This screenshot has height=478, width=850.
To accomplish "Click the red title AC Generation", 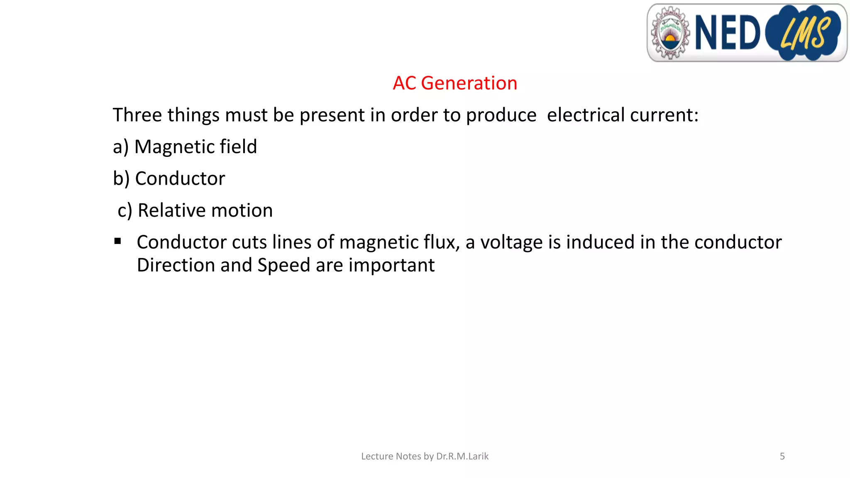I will pyautogui.click(x=455, y=83).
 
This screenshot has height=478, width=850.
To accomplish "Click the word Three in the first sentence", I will pyautogui.click(x=137, y=115).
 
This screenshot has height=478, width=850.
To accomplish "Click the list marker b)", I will pyautogui.click(x=121, y=179).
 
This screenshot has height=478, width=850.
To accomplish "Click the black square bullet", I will pyautogui.click(x=118, y=241).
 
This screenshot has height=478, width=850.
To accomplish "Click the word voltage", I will pyautogui.click(x=511, y=242).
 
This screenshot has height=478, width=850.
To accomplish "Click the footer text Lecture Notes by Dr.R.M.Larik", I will pyautogui.click(x=425, y=456).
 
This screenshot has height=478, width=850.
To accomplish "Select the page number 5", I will pyautogui.click(x=782, y=456).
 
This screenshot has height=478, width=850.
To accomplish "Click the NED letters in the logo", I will pyautogui.click(x=727, y=32).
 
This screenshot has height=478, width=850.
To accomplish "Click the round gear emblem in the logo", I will pyautogui.click(x=669, y=33).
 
